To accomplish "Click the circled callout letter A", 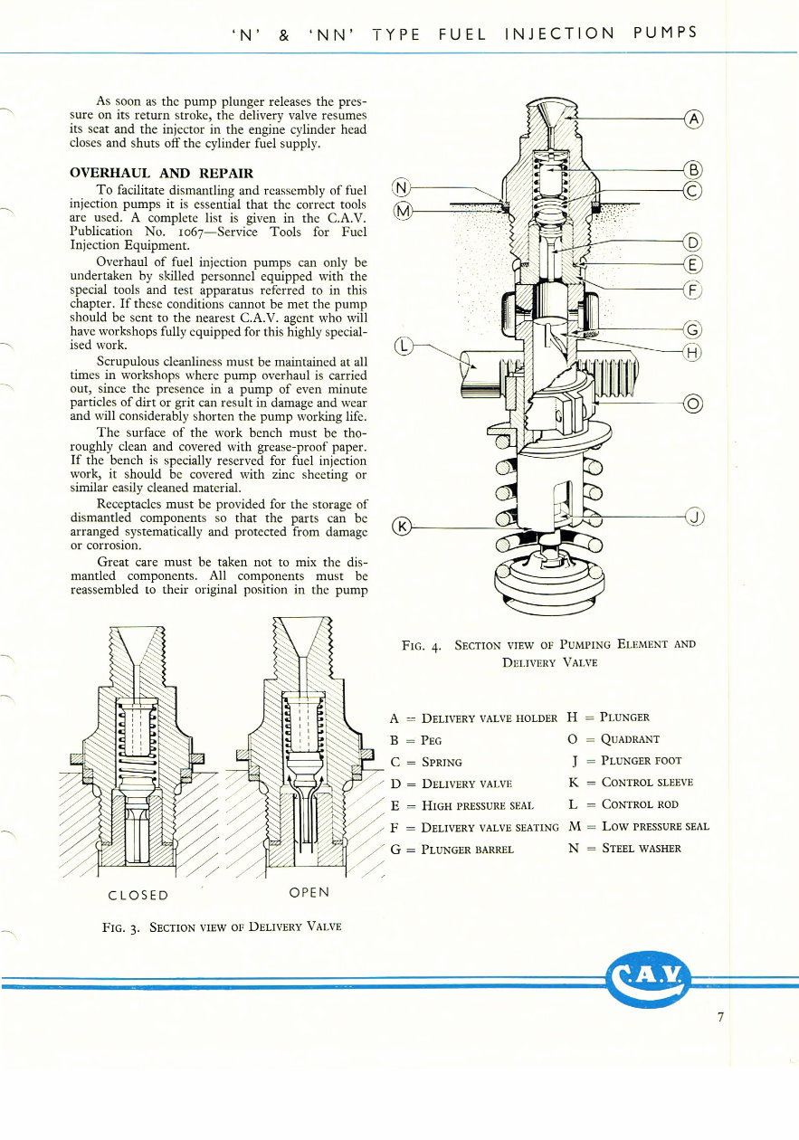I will point(692,119).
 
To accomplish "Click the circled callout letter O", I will point(694,404).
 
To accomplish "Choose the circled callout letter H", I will point(693,353).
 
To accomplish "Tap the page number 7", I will point(720,1018).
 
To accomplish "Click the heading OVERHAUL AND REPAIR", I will point(162,173).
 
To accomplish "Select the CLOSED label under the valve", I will point(138,895).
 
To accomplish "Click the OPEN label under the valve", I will point(308,892).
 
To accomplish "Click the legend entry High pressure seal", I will point(478,805).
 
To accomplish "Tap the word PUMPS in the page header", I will point(665,33).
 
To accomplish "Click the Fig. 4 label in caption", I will point(421,646).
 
